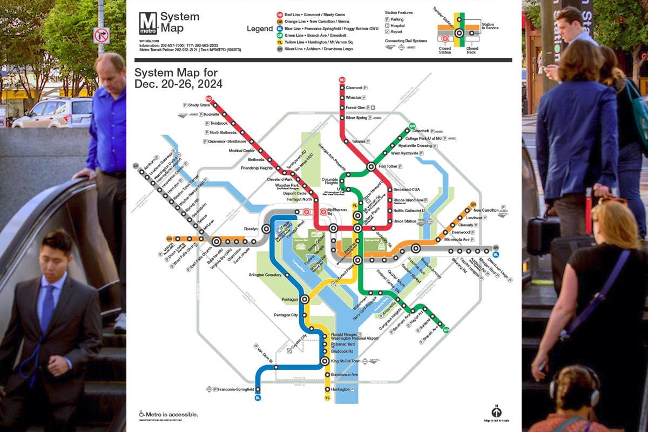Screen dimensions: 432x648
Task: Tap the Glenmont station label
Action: coord(354,87)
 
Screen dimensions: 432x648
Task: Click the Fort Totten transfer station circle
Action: coord(371,167)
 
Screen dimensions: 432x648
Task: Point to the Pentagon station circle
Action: coord(305,299)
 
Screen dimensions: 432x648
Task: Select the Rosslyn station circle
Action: coord(266,229)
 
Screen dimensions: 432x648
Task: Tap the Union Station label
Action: coord(405,221)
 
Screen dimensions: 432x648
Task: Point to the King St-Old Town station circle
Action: coord(325,361)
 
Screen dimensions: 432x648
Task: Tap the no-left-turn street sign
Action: coord(101,35)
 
